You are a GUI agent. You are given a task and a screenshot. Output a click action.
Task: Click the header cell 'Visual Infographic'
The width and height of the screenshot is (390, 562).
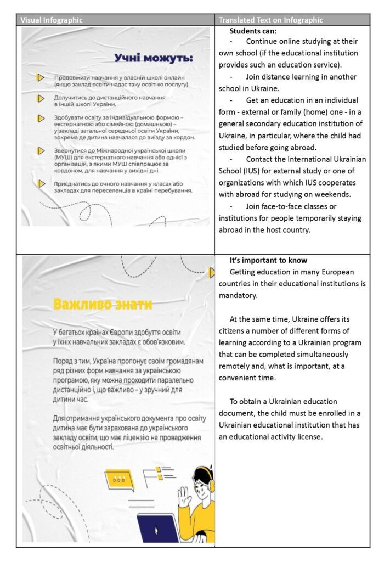[x=52, y=20]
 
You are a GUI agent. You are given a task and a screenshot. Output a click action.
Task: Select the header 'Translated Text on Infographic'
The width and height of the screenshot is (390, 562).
[x=271, y=20]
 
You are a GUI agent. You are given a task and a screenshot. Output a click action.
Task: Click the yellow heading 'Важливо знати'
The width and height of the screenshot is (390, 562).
[x=102, y=304]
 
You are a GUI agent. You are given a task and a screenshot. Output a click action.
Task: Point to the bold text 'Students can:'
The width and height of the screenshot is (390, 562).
[x=253, y=31]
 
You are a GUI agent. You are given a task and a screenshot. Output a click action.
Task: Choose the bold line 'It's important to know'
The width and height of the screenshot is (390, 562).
[x=268, y=260]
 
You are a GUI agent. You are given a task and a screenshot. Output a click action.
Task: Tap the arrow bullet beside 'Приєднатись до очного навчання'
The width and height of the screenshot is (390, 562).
[x=40, y=184]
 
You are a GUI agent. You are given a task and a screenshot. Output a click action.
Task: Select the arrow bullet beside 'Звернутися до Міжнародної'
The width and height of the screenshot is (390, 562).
[x=40, y=150]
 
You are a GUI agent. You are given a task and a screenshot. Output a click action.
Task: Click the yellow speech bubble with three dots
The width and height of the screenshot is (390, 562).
[x=119, y=479]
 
